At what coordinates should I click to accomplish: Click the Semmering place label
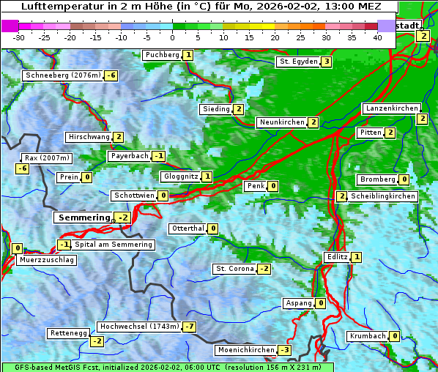click(83, 217)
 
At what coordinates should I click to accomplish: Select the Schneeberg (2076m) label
click(62, 75)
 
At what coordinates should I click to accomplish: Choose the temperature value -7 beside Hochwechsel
click(190, 326)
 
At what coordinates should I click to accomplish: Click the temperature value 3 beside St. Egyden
click(326, 62)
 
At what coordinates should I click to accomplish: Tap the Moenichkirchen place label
click(246, 350)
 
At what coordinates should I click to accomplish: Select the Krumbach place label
click(367, 336)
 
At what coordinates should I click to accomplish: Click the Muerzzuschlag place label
click(47, 260)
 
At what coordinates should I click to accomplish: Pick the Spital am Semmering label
click(114, 245)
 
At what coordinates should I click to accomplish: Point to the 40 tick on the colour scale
click(377, 37)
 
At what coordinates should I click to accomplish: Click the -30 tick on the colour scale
click(19, 37)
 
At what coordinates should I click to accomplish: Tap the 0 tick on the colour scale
click(172, 37)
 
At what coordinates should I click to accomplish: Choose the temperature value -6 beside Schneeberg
click(111, 75)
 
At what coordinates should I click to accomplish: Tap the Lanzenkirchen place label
click(391, 108)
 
